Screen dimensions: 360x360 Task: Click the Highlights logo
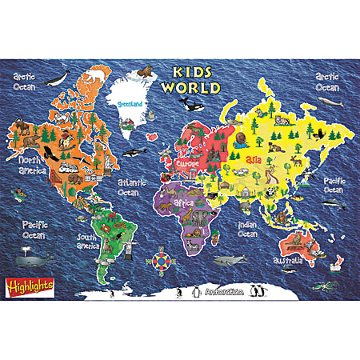tap(22, 284)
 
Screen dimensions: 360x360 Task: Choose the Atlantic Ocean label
tap(133, 187)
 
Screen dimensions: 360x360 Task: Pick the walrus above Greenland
tap(143, 74)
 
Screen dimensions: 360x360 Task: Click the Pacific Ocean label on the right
tap(334, 186)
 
